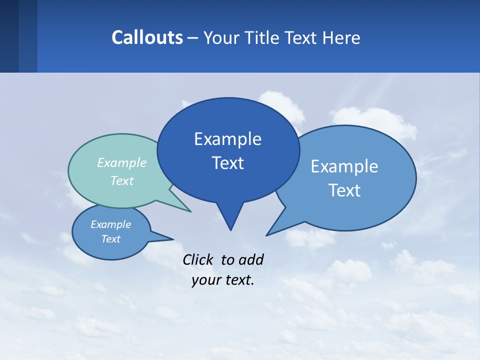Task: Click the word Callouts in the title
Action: pyautogui.click(x=147, y=37)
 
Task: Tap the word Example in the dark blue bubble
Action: pyautogui.click(x=227, y=139)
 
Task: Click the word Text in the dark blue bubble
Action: pyautogui.click(x=227, y=163)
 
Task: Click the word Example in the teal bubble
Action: pyautogui.click(x=122, y=162)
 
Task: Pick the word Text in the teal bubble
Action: pyautogui.click(x=122, y=180)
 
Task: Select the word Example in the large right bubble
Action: pyautogui.click(x=344, y=166)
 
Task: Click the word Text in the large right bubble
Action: pyautogui.click(x=344, y=190)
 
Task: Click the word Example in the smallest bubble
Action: pyautogui.click(x=111, y=224)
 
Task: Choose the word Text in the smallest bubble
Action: pyautogui.click(x=111, y=239)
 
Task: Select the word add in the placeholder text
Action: pyautogui.click(x=251, y=259)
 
